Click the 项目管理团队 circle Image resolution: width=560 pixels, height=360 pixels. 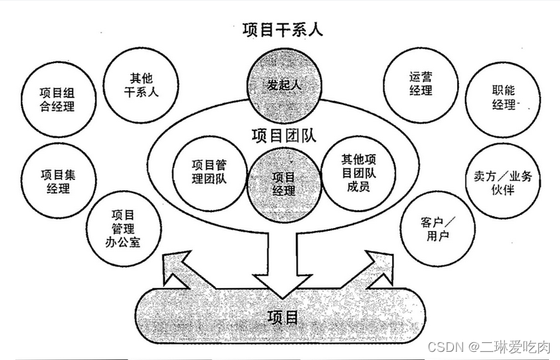click(x=209, y=172)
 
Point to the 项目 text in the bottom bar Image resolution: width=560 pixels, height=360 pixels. click(x=282, y=317)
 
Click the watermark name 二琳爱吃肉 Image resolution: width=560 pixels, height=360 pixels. click(x=510, y=347)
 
